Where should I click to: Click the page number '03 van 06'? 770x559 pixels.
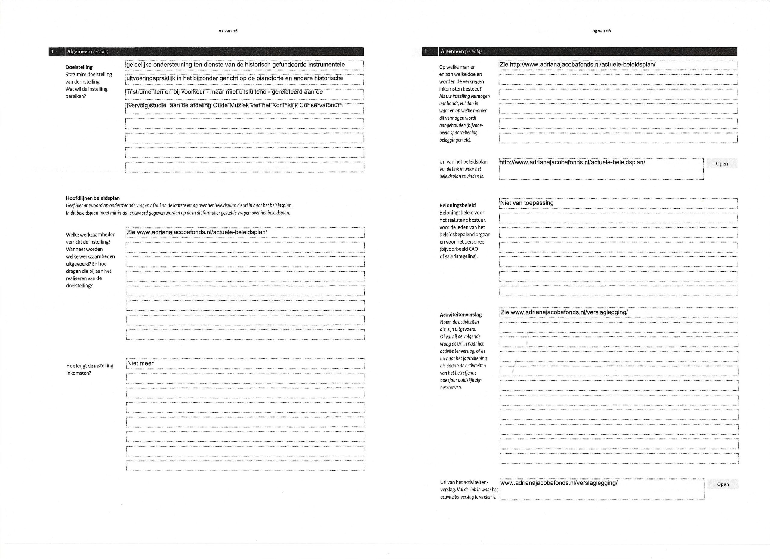[x=601, y=31]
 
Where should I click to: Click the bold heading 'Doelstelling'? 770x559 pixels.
[x=79, y=67]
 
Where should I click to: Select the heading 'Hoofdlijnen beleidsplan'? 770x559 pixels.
[x=93, y=198]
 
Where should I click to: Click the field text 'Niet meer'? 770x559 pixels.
[x=140, y=364]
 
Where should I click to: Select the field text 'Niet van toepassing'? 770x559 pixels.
[x=527, y=203]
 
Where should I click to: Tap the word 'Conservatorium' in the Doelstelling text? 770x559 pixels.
[x=321, y=105]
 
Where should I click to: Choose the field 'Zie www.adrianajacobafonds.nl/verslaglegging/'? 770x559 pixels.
[x=564, y=312]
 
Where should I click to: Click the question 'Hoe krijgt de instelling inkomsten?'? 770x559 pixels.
[x=90, y=369]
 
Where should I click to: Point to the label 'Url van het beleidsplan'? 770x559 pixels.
[x=463, y=162]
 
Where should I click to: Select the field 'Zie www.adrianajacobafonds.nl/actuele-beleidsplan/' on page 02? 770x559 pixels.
[x=197, y=232]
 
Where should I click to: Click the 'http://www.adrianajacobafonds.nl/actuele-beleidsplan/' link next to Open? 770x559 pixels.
[x=572, y=163]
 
